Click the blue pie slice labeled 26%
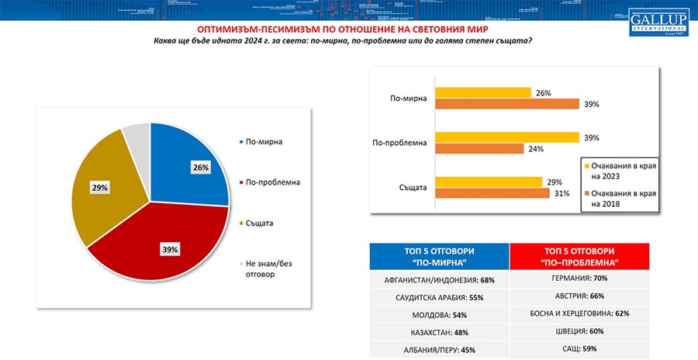coord(186,163)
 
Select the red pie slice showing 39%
coord(163,248)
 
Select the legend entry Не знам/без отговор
coord(267,268)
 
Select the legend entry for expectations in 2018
coord(617,198)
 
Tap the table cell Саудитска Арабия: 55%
coord(439,296)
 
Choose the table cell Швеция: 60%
coord(579,331)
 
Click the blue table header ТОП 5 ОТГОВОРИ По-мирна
coord(439,257)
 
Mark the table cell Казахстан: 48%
coord(439,331)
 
